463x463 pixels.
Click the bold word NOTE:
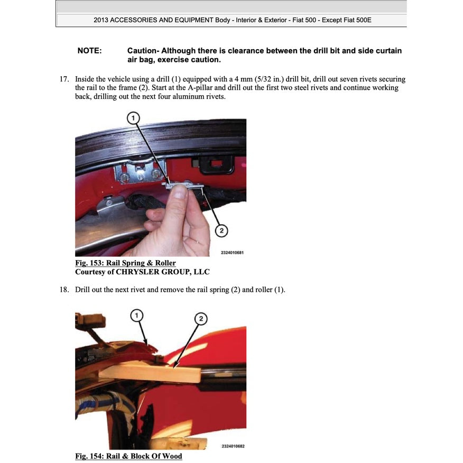(x=89, y=51)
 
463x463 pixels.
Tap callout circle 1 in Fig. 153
(x=134, y=117)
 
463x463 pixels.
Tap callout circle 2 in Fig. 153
(x=222, y=230)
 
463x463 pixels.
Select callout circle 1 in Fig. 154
(x=137, y=316)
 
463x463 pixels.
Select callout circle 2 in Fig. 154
(x=201, y=318)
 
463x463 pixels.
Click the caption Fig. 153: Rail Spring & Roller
(x=125, y=263)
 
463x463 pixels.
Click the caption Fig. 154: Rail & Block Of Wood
(x=128, y=456)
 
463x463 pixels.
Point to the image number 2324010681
(x=232, y=253)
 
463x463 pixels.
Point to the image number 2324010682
(x=233, y=446)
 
